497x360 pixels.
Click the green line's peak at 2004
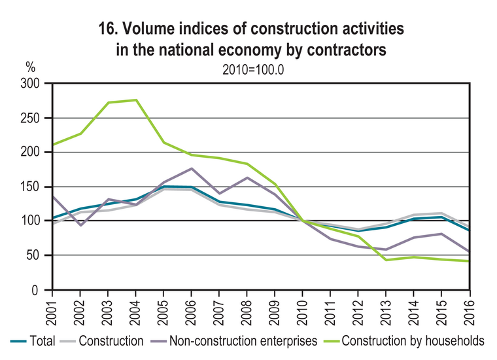[136, 100]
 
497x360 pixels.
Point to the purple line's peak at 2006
[192, 168]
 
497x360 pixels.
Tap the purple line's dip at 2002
[80, 225]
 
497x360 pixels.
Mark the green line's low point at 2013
[386, 260]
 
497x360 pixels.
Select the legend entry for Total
[33, 341]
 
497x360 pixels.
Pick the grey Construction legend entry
[102, 341]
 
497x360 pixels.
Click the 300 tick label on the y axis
[30, 84]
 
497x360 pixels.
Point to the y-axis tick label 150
[30, 187]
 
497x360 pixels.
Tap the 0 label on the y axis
[35, 290]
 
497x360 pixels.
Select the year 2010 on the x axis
[302, 312]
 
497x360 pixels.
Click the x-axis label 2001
[52, 312]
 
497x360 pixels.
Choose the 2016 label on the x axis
[470, 312]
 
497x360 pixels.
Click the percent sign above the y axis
[31, 67]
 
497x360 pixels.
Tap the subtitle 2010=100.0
[253, 70]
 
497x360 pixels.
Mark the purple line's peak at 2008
[247, 177]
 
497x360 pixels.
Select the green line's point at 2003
[109, 103]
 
